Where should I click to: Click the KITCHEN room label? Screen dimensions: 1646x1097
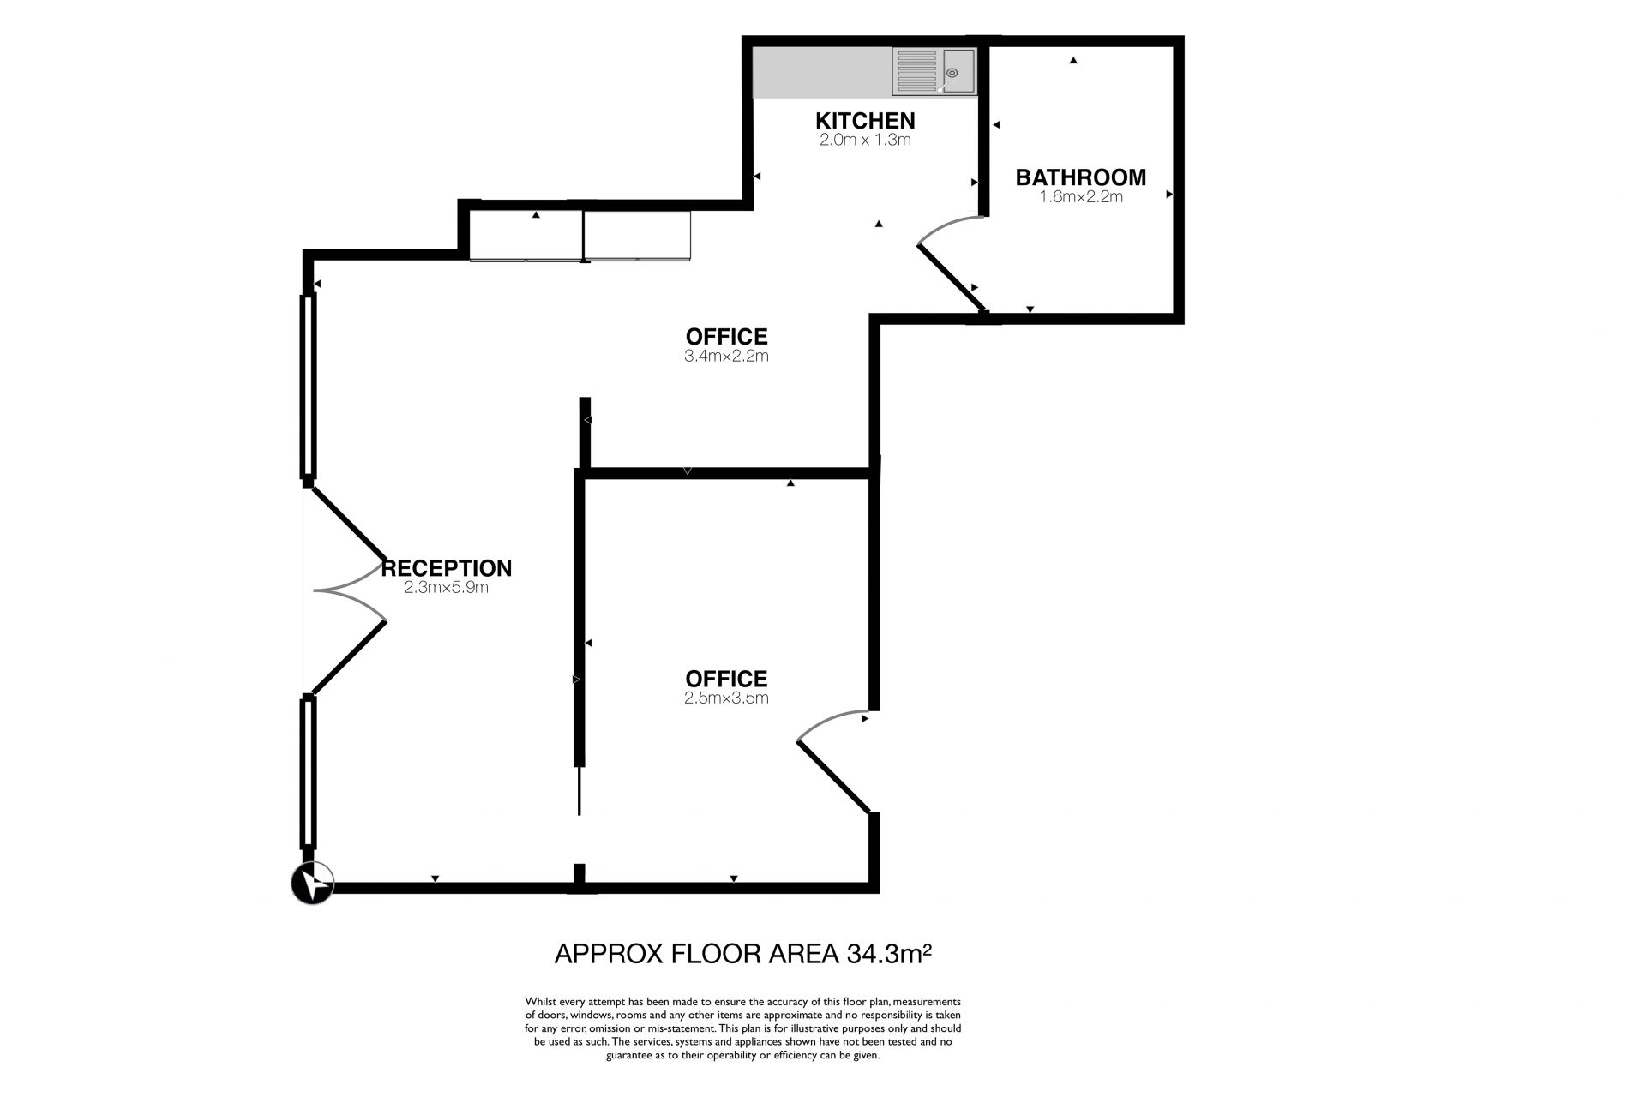click(x=865, y=121)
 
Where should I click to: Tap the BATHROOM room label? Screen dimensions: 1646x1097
click(x=1080, y=177)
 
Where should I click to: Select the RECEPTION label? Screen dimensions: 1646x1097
click(x=447, y=568)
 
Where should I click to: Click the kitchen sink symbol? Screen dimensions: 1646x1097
click(x=934, y=71)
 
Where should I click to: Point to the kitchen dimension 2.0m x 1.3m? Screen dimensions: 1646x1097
click(x=865, y=140)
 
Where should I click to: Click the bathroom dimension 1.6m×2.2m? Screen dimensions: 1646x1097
click(x=1080, y=196)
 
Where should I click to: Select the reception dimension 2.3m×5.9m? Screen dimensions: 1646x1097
click(x=447, y=588)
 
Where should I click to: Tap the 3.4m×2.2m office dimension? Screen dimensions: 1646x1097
click(x=726, y=356)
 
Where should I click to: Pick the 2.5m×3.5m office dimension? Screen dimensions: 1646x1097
click(x=726, y=698)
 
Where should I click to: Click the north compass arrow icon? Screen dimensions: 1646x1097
click(x=313, y=883)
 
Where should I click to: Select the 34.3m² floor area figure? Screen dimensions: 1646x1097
click(x=889, y=954)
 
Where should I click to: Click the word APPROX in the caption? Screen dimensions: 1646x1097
click(x=608, y=954)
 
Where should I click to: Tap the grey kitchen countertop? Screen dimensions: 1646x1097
click(x=822, y=72)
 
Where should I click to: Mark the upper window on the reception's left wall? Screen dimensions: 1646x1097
click(x=309, y=386)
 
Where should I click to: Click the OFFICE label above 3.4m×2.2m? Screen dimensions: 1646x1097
click(x=726, y=337)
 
